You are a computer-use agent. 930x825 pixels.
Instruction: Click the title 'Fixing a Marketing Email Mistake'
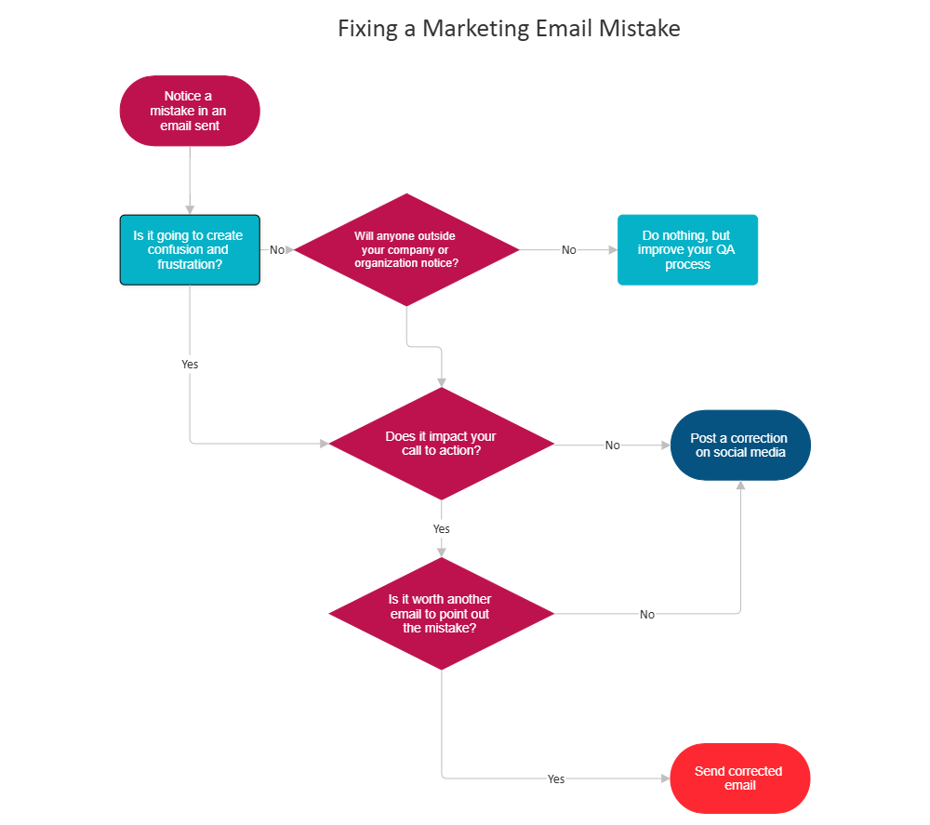(509, 29)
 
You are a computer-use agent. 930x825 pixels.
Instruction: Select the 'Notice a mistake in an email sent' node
(190, 111)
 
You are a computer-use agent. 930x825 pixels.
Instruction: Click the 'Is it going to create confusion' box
(191, 250)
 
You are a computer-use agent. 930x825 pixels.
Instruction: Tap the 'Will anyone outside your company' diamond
(405, 249)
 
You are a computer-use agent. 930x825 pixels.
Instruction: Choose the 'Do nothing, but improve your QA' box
(688, 249)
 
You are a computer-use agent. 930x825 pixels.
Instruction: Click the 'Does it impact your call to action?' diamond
(441, 444)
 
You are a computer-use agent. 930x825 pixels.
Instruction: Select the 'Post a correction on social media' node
(740, 445)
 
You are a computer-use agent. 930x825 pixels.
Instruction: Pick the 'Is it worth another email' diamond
(441, 614)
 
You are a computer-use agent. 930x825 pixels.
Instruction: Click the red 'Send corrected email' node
(740, 778)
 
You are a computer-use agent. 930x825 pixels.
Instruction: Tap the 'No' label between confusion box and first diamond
(277, 250)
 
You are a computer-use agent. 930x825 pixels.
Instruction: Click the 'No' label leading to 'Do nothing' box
(568, 250)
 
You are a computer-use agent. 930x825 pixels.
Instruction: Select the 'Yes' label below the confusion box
(190, 365)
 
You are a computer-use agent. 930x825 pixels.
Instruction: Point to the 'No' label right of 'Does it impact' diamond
(612, 446)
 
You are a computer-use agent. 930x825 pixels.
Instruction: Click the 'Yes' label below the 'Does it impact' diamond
(441, 529)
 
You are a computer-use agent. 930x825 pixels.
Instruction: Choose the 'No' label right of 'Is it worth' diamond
(647, 615)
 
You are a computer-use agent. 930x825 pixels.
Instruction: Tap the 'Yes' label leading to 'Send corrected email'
(556, 779)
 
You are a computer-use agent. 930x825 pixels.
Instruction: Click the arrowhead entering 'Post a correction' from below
(741, 486)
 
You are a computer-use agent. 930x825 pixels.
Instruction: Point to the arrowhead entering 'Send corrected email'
(664, 778)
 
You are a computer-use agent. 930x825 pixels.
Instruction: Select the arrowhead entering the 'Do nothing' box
(612, 250)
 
